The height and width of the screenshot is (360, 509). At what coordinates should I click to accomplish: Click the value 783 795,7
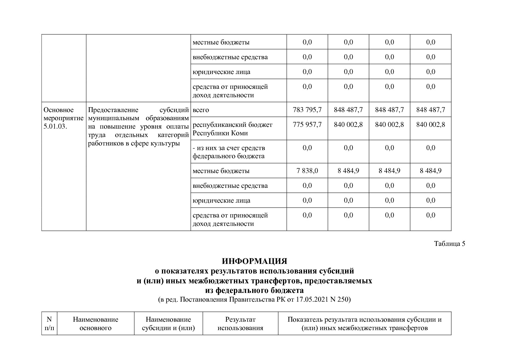[307, 110]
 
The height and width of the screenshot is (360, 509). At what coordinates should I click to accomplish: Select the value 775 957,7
[307, 125]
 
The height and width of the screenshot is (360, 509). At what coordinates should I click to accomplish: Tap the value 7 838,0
[307, 171]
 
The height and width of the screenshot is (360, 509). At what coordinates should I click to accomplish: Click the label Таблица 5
[449, 244]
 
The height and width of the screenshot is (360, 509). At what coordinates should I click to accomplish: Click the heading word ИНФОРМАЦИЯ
[254, 261]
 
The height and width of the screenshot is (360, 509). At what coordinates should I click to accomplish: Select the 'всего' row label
[201, 110]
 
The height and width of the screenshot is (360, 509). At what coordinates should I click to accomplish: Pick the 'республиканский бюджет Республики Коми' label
[232, 129]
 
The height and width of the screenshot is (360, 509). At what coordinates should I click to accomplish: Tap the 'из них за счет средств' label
[229, 148]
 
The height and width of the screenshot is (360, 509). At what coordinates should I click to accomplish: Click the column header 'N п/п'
[49, 323]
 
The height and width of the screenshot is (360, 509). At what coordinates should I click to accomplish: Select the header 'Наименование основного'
[95, 323]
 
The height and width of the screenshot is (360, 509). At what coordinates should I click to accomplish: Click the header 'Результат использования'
[240, 323]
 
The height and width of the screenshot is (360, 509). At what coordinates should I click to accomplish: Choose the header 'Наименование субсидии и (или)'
[168, 323]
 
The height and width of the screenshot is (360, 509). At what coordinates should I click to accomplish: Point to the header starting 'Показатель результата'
[364, 323]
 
